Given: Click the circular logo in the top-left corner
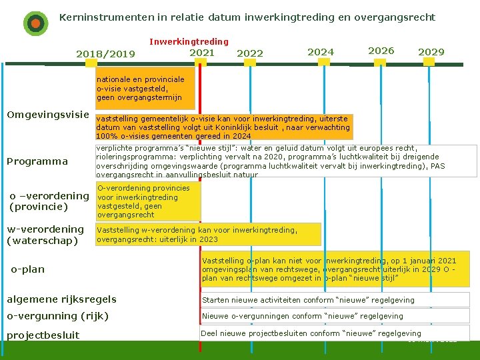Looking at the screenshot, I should coord(35,23).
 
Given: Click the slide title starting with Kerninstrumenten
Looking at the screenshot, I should coord(247,17).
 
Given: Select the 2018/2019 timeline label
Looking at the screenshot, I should coord(105,54).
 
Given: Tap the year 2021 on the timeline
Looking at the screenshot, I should coord(202,53).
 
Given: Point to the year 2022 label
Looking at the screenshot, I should coord(250,53).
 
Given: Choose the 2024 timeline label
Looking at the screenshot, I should coord(321,51).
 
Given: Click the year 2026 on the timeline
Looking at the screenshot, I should coord(381,51).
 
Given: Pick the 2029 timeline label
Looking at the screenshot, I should coord(431,52).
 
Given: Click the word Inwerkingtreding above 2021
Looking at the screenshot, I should coord(189,41).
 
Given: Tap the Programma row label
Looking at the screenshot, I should coord(37,161).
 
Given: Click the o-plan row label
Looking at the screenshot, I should coord(28,269).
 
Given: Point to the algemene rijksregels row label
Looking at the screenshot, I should coord(61,299).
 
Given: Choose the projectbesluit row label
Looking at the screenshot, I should coord(43,335).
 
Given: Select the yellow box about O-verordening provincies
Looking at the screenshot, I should coord(147,201).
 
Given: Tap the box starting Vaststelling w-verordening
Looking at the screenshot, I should coord(208,234).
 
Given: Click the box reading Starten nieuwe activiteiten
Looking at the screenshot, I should coord(335,300).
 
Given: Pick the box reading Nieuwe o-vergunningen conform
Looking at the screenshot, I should coord(335,316).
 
